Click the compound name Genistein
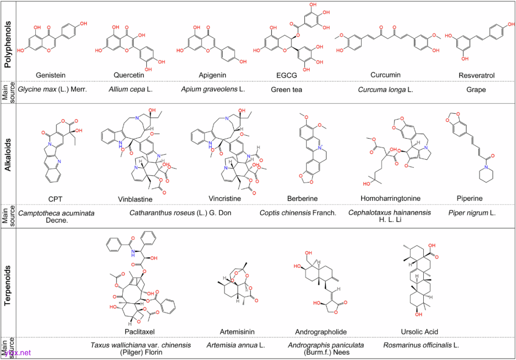[x=51, y=75]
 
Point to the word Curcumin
[x=385, y=75]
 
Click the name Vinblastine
[x=135, y=198]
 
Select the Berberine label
[x=302, y=198]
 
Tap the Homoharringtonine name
[x=391, y=198]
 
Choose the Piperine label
[x=470, y=198]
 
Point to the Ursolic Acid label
[x=419, y=331]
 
